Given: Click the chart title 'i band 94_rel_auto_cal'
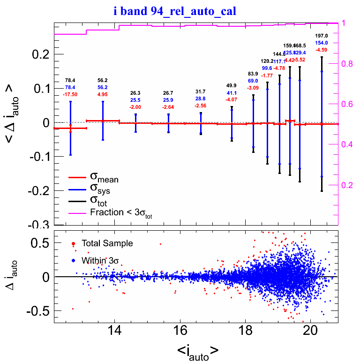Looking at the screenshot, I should [180, 10].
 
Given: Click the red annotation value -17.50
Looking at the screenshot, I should [70, 94].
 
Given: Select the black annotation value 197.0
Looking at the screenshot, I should [321, 36].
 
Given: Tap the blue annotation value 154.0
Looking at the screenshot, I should [321, 43].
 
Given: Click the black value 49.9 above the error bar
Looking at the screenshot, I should [232, 85].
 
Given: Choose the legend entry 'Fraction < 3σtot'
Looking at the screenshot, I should [120, 212].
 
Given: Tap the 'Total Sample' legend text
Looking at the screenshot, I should [107, 243].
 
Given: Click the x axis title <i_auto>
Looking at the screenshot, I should [197, 351].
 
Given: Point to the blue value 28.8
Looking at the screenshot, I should [200, 99].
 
